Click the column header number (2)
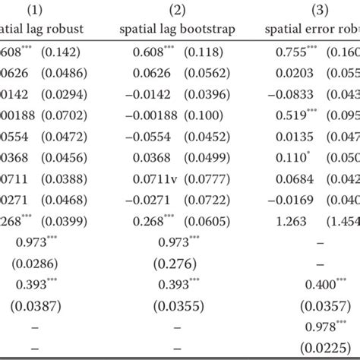point(178,11)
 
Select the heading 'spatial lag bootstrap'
point(178,30)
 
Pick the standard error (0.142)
point(62,52)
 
